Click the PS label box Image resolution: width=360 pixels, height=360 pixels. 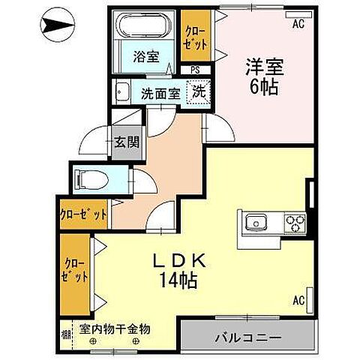[x=195, y=70]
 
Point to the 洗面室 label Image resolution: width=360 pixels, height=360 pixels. [x=160, y=94]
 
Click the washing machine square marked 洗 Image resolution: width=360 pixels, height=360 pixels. [x=199, y=93]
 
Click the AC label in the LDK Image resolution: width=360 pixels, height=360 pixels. [x=298, y=301]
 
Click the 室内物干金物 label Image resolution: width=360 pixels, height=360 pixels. [x=115, y=329]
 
